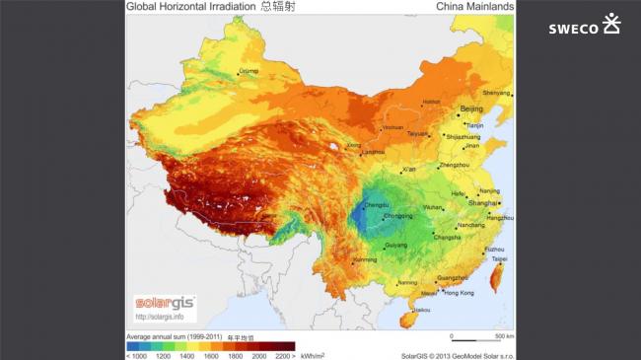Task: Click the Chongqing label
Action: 397,215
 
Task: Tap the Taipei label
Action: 503,259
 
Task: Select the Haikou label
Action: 422,310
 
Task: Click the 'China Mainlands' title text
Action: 474,7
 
